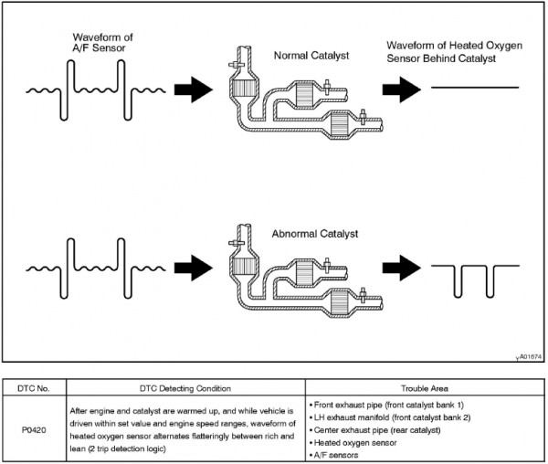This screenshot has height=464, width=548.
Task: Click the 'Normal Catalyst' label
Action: tap(311, 56)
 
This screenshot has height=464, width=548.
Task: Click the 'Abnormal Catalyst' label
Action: tap(315, 234)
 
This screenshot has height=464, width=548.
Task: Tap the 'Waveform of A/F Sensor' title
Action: tap(102, 42)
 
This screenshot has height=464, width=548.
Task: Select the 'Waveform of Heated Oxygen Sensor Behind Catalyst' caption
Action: tap(454, 52)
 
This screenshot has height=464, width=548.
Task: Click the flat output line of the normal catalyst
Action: tap(475, 88)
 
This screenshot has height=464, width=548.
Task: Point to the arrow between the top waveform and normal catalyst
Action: tap(194, 90)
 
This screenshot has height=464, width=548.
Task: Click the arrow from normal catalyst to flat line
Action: tap(402, 90)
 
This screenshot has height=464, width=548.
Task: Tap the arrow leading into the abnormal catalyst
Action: tap(194, 268)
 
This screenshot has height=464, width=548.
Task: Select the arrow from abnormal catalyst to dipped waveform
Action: tap(402, 268)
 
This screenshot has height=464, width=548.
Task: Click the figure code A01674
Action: tap(531, 357)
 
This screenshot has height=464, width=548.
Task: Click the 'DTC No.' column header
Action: tap(34, 388)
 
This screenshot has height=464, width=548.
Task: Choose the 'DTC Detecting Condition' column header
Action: tap(185, 388)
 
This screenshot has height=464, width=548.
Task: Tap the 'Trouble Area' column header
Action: tap(425, 388)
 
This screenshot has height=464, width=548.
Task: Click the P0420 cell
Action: tap(34, 430)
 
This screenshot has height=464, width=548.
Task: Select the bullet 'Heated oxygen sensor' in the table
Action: tap(353, 443)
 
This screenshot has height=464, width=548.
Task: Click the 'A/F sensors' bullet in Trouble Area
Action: tap(333, 455)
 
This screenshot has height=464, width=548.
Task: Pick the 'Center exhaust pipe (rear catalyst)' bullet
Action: tap(374, 430)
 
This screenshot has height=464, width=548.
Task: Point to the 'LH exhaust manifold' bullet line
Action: tap(390, 417)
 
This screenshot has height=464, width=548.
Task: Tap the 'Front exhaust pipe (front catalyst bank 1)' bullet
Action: tap(386, 405)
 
